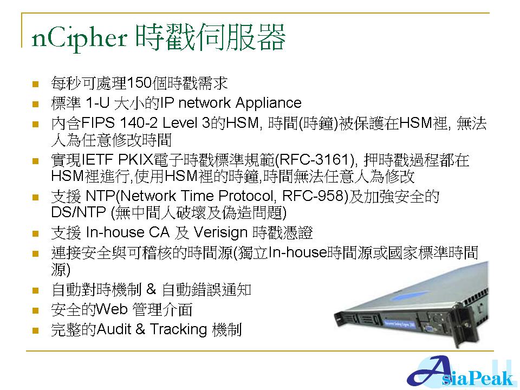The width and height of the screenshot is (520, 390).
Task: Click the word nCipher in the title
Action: coord(79,38)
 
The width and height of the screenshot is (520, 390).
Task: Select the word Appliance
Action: coord(268,103)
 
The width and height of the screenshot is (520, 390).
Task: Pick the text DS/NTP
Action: coord(79,212)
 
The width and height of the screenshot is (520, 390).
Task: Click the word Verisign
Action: coord(220,233)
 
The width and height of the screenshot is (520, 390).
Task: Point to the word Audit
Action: coord(114,329)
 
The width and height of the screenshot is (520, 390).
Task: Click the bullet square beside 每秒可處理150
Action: coord(36,84)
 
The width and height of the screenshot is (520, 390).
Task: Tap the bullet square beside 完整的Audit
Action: coord(36,330)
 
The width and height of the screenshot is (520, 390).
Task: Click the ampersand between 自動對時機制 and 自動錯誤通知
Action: coord(151,289)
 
